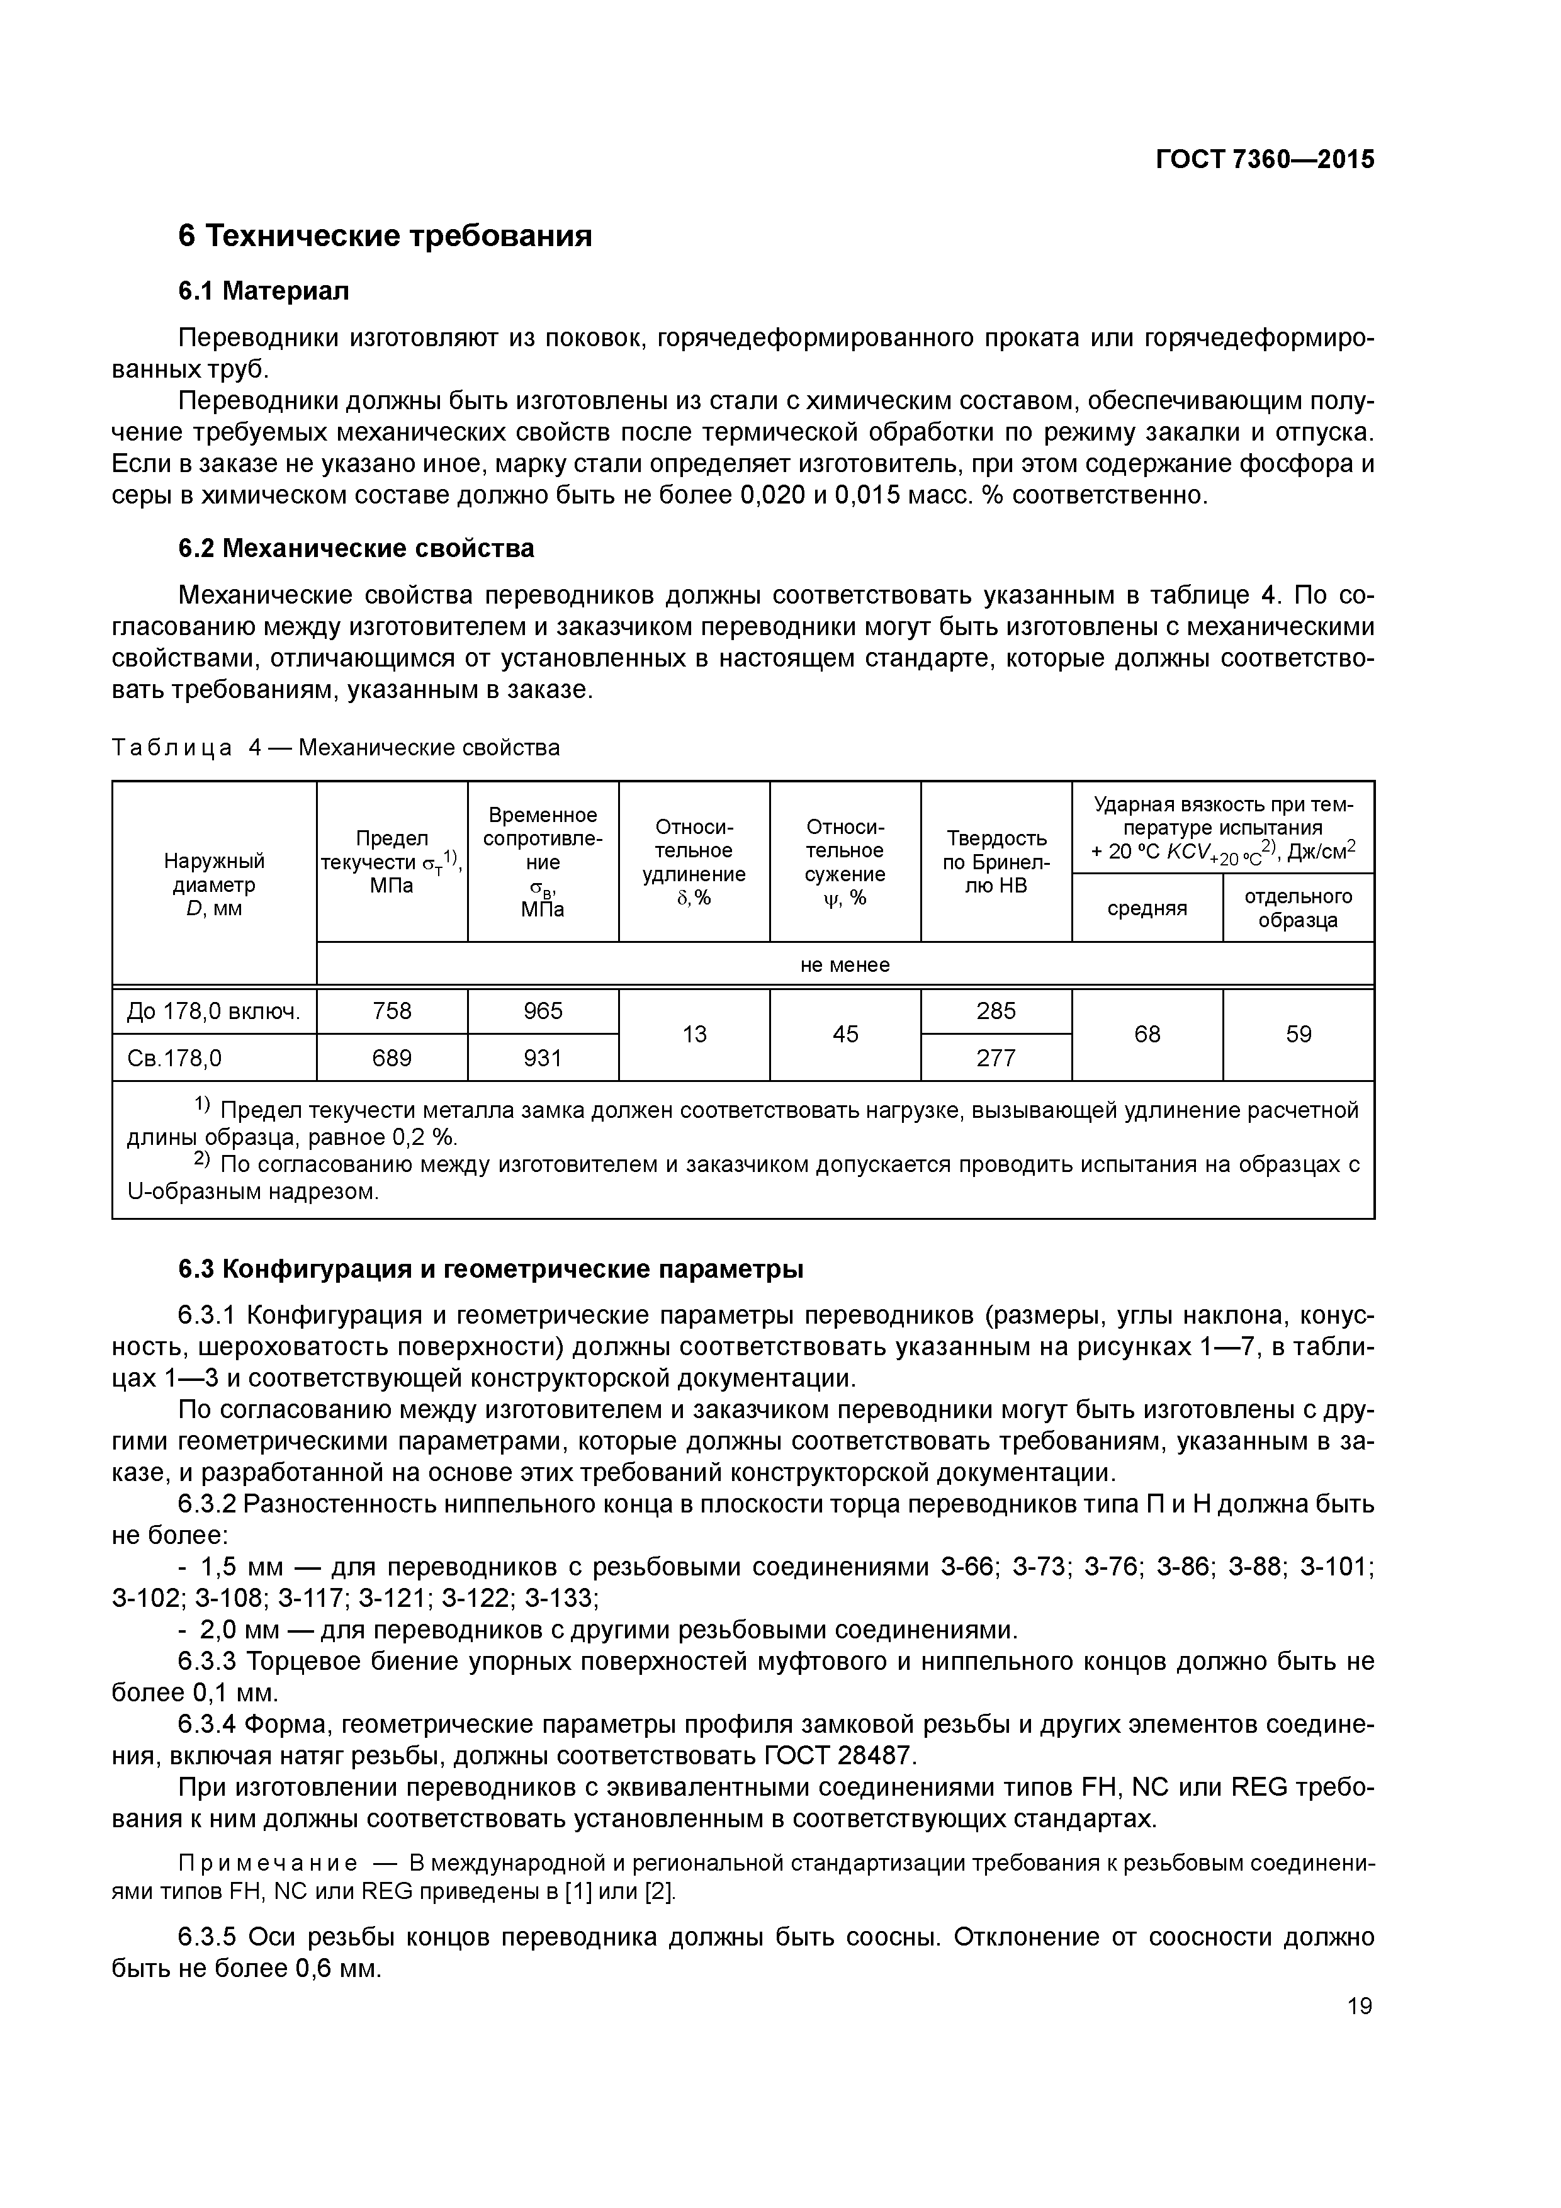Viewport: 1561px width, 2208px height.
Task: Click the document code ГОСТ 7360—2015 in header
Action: (1264, 160)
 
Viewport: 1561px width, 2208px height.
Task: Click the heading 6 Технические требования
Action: (385, 235)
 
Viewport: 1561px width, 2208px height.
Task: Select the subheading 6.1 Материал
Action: (264, 291)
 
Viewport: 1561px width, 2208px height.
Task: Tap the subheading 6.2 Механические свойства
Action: (356, 548)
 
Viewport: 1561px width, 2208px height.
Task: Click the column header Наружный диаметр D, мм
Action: (213, 884)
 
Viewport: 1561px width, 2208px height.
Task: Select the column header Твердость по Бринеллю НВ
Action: (996, 862)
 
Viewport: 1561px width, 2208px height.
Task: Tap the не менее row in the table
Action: (845, 964)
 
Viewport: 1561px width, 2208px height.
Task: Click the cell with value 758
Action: (392, 1011)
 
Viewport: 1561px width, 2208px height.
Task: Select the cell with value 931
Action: (543, 1058)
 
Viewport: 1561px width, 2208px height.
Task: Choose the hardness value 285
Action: (996, 1011)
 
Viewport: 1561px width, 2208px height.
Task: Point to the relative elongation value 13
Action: (694, 1034)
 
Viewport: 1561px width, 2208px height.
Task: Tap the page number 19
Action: (1359, 2006)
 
